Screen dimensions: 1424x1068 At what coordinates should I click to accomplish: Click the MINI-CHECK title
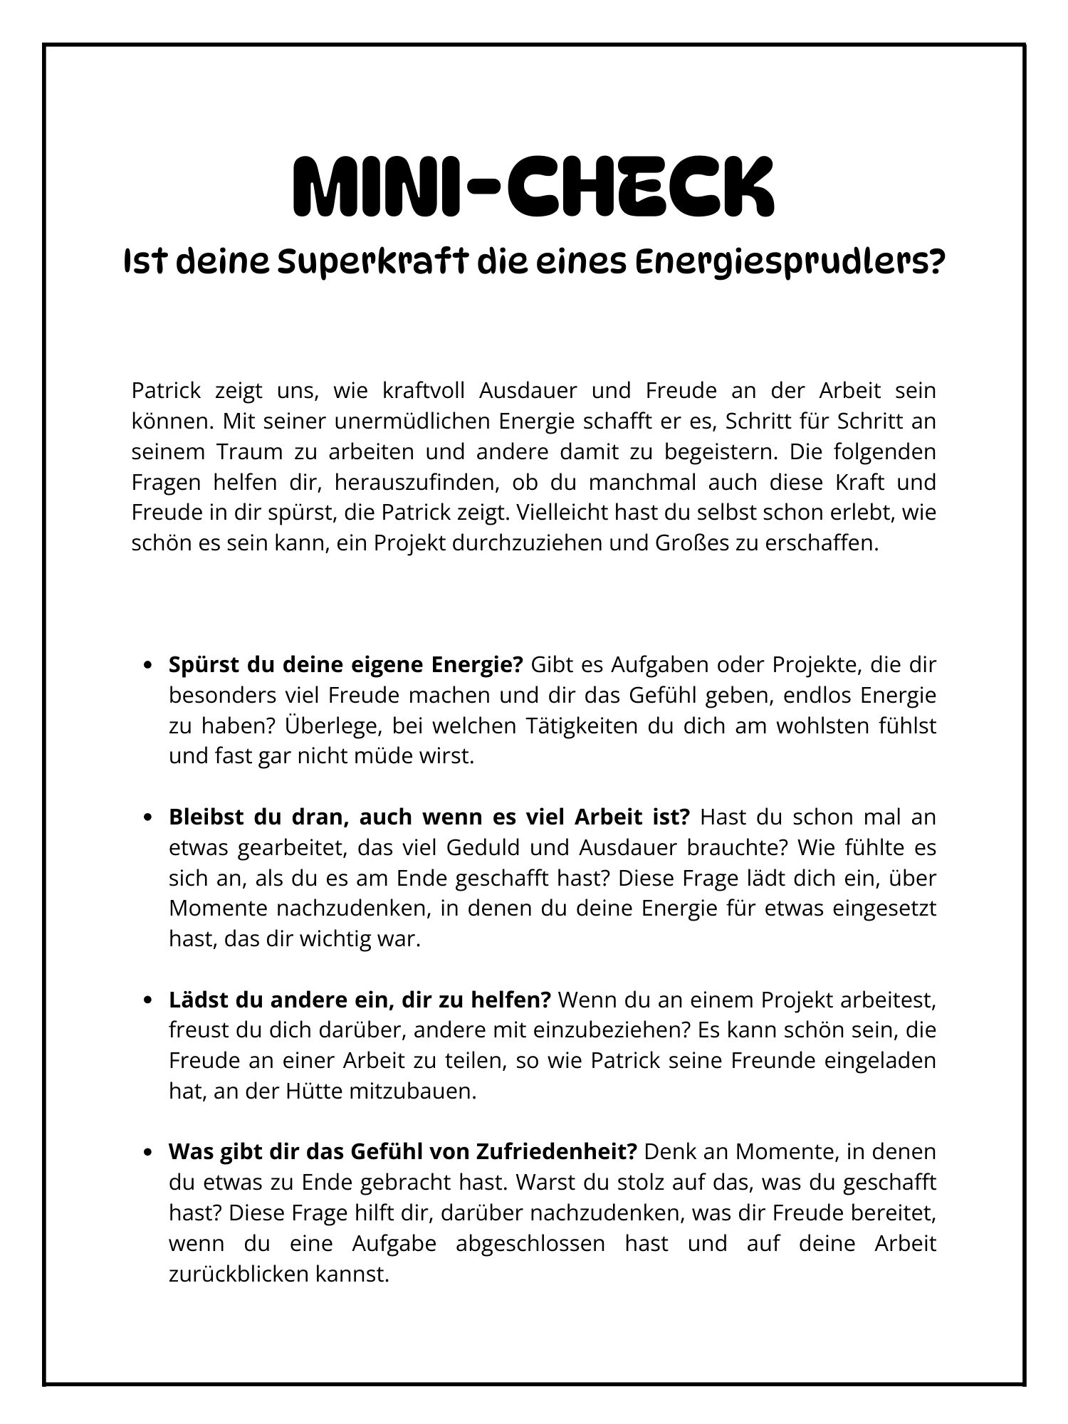tap(533, 187)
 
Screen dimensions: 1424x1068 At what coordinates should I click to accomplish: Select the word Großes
tap(684, 543)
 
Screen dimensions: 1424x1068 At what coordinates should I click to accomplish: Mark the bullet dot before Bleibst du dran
tap(148, 818)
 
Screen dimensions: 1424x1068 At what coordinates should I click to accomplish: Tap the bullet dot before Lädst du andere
tap(148, 1001)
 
